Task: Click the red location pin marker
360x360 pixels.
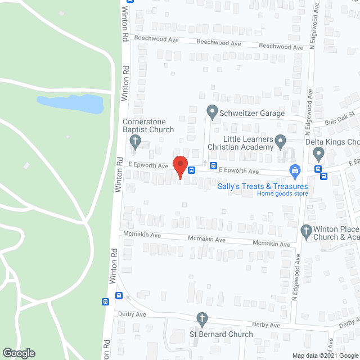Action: pyautogui.click(x=179, y=165)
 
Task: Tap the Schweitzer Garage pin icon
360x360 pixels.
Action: pyautogui.click(x=212, y=112)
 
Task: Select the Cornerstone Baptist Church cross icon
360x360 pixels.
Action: pyautogui.click(x=134, y=140)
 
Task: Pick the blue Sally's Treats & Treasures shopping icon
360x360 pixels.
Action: pyautogui.click(x=294, y=169)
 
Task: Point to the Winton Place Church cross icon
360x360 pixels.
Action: pyautogui.click(x=306, y=229)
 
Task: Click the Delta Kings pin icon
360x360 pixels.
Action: pyautogui.click(x=318, y=152)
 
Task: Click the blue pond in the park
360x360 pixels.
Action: pyautogui.click(x=70, y=103)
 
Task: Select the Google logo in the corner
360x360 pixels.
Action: pyautogui.click(x=18, y=353)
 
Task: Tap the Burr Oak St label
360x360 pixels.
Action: pyautogui.click(x=341, y=118)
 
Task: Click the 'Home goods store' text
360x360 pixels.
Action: pyautogui.click(x=282, y=194)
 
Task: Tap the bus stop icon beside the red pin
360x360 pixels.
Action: pyautogui.click(x=192, y=170)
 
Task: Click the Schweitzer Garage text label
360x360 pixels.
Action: pyautogui.click(x=253, y=113)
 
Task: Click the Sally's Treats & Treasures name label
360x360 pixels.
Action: pyautogui.click(x=263, y=186)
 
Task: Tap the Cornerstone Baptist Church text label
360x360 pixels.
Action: pyautogui.click(x=148, y=126)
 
